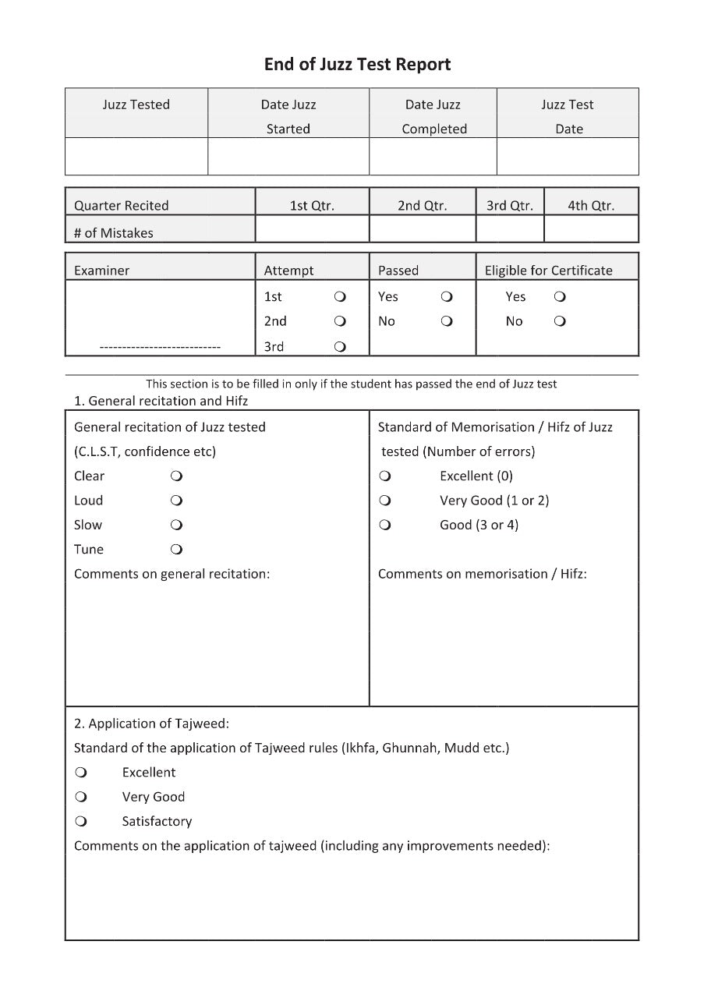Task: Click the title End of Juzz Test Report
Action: click(357, 65)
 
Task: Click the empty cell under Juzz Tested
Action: click(136, 157)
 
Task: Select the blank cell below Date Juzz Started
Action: click(288, 157)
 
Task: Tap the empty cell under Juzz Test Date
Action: click(568, 157)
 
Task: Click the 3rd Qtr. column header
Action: click(510, 206)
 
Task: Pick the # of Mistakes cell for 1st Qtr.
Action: click(312, 230)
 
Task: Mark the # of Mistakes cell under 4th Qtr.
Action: click(591, 230)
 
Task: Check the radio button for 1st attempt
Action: click(340, 297)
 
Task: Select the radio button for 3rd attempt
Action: click(340, 347)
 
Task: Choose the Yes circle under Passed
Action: click(447, 297)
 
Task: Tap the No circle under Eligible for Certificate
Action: click(560, 321)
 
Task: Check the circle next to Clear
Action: click(176, 476)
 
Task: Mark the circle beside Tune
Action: click(176, 550)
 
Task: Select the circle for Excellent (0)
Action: click(385, 476)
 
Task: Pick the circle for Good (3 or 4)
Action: click(385, 526)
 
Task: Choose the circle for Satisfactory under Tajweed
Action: click(81, 822)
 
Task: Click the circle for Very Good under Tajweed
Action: click(81, 797)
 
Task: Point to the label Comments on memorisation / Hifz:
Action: click(482, 574)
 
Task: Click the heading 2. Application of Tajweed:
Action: click(151, 724)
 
